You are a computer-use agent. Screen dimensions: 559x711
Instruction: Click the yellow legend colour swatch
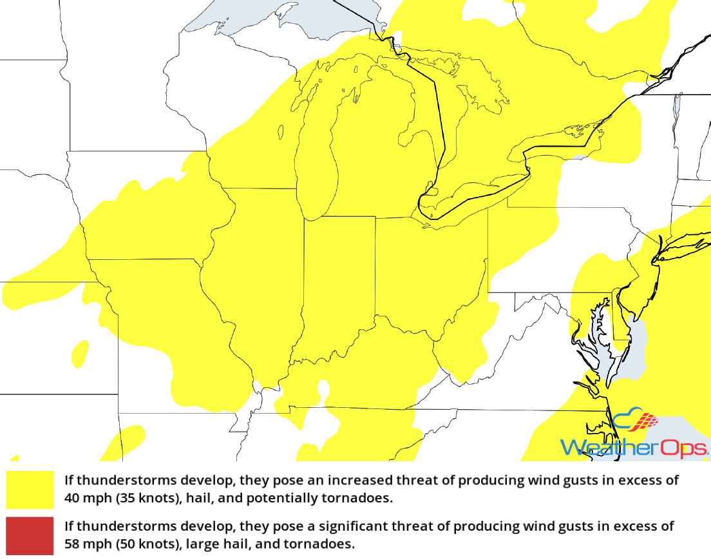point(30,490)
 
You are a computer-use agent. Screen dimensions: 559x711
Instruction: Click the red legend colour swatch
point(30,535)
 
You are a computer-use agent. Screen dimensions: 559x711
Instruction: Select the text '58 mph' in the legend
point(84,544)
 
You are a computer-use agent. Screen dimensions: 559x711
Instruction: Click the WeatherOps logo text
point(634,447)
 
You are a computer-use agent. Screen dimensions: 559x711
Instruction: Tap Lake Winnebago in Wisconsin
point(281,132)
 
